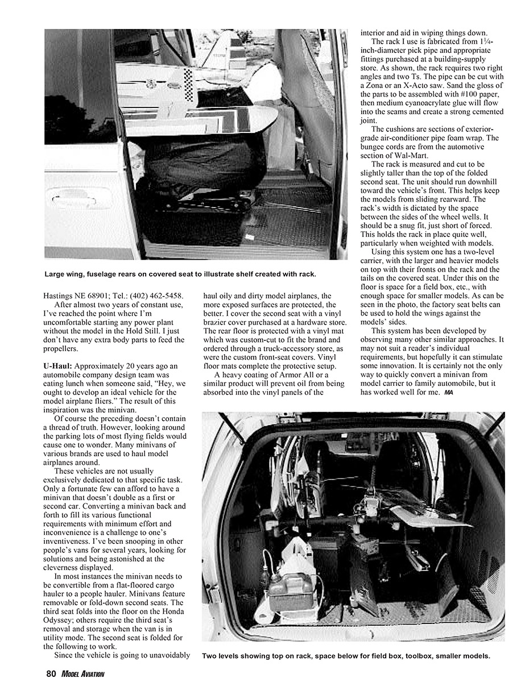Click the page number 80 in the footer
51,674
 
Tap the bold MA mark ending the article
449,392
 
